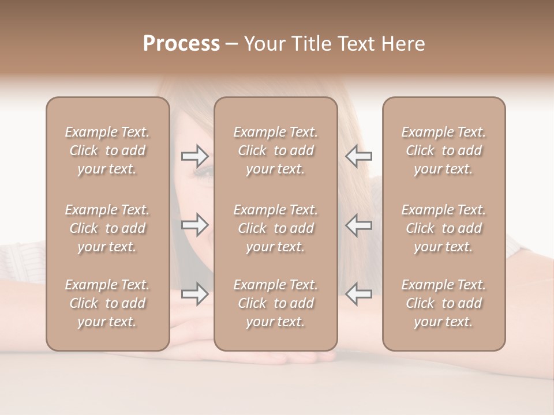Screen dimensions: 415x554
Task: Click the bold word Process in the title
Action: point(181,44)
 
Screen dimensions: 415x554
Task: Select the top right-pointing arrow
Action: point(194,156)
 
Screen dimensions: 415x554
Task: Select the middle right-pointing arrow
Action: point(194,225)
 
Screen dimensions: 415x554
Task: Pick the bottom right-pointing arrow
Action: point(194,294)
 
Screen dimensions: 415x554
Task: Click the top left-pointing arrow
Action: point(359,156)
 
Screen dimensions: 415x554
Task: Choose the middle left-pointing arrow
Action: point(359,225)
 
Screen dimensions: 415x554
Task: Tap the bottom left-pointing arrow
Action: point(359,294)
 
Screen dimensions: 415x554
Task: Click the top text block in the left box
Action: point(107,150)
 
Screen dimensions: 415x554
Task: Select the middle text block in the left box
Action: point(107,228)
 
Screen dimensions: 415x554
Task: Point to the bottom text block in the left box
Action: point(107,303)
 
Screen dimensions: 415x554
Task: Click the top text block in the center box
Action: point(276,150)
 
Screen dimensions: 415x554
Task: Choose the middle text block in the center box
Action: point(276,228)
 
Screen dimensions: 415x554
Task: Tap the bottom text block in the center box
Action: point(276,303)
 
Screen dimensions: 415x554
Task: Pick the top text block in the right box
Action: point(444,150)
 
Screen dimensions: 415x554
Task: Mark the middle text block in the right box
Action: point(444,228)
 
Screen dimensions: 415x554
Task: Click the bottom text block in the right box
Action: point(444,303)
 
